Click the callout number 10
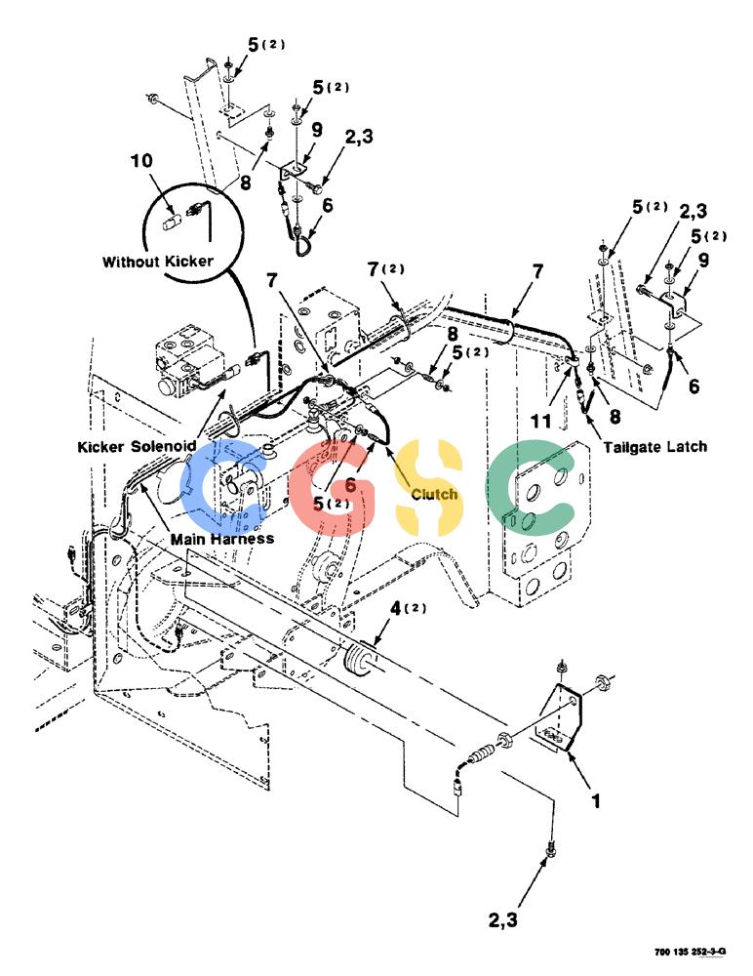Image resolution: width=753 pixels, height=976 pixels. [141, 161]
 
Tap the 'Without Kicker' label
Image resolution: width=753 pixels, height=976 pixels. [157, 262]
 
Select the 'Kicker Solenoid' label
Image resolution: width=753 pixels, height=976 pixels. [137, 446]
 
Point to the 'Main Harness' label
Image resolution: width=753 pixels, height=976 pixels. [222, 539]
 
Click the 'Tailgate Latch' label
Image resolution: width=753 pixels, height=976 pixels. [655, 446]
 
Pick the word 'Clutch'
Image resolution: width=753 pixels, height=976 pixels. [434, 494]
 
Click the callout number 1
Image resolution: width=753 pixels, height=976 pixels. [596, 800]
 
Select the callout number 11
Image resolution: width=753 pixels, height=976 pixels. [540, 421]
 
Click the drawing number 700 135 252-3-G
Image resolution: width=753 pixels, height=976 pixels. [691, 952]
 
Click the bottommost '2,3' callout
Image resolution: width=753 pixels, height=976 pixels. [503, 919]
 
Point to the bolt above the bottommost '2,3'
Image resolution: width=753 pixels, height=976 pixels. [550, 849]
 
